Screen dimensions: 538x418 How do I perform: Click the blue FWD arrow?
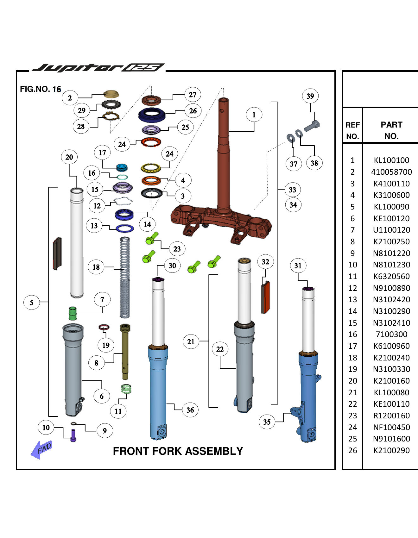tap(41, 449)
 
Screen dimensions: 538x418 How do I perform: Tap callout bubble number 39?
tap(310, 96)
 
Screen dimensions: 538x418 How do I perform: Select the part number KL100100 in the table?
tap(391, 160)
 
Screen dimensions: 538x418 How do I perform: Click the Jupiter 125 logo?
tap(98, 67)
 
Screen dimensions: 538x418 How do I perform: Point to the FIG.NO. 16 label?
tap(40, 89)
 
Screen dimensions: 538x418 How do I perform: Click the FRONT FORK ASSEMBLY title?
tap(178, 451)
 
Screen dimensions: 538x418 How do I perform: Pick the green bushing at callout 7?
tap(73, 313)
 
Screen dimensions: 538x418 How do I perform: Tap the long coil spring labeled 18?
tap(125, 278)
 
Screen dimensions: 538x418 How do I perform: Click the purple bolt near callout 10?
tap(73, 435)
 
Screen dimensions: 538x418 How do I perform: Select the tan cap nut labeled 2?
tap(111, 94)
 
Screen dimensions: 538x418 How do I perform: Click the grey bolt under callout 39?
tap(312, 126)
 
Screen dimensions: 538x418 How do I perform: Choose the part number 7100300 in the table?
tap(391, 334)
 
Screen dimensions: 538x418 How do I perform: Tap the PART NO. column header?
tap(391, 130)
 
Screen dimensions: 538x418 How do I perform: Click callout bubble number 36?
tap(190, 410)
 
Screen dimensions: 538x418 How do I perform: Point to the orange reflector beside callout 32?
tap(265, 297)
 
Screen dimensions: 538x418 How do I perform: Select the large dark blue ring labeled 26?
tap(152, 115)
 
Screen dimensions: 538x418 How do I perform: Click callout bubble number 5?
tap(31, 303)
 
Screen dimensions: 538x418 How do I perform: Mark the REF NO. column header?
tap(352, 130)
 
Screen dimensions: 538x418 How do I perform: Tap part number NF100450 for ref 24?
tap(391, 427)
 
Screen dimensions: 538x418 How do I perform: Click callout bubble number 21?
tap(191, 342)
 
